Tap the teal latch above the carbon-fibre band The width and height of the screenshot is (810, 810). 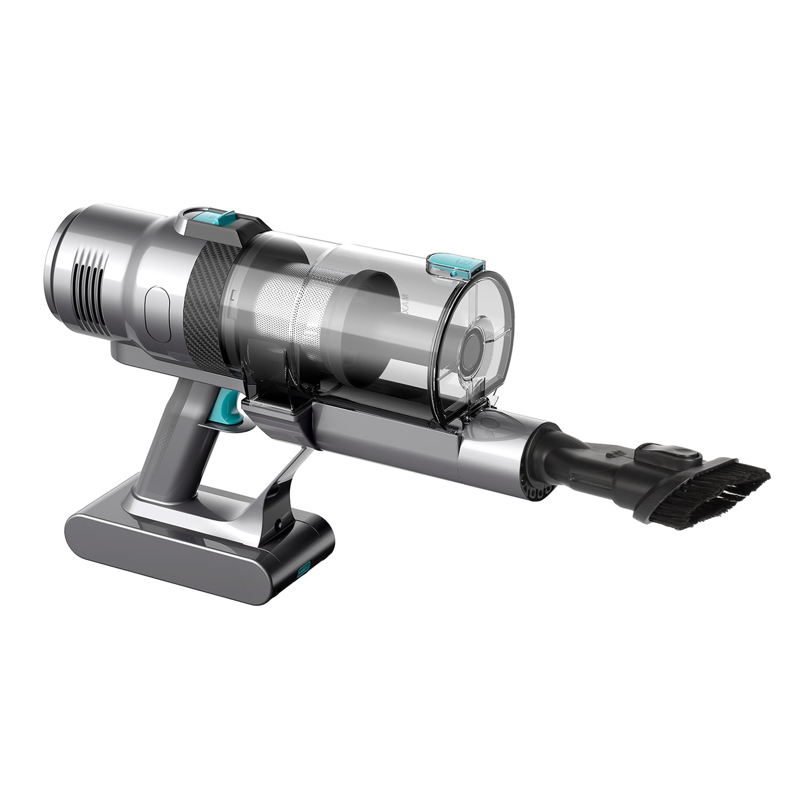(223, 219)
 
